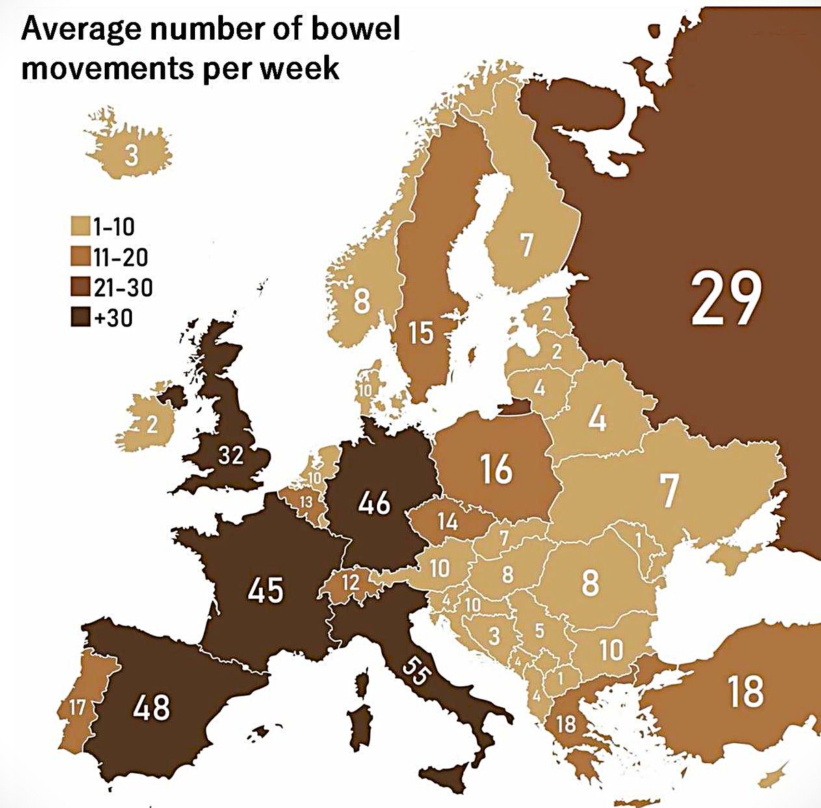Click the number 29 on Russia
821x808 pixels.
(x=725, y=299)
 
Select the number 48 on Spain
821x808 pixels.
(x=152, y=706)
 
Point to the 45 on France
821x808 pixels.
(x=265, y=590)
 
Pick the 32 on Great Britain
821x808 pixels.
(x=231, y=454)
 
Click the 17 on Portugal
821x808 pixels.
(x=77, y=707)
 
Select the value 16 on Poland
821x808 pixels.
(x=495, y=469)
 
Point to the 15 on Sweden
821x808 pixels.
(x=421, y=333)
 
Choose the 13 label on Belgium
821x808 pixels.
(x=307, y=502)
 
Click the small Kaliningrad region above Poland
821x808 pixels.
(x=515, y=408)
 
